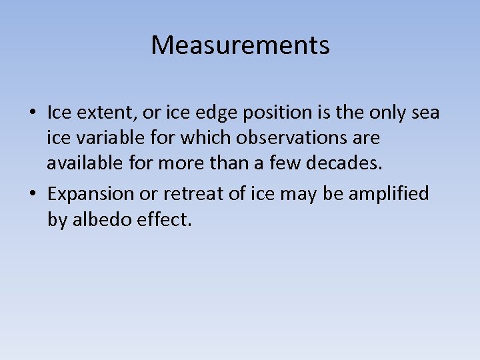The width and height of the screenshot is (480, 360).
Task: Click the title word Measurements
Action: pos(240,45)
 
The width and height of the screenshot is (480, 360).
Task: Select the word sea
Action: pos(425,113)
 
